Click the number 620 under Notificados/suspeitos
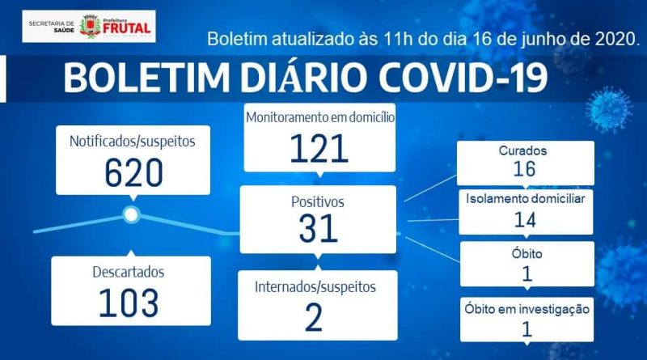click(133, 173)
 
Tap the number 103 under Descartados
click(129, 303)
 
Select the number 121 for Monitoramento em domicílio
click(319, 148)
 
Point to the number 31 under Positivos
click(318, 228)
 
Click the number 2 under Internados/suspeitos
click(314, 317)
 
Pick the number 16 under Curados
click(524, 169)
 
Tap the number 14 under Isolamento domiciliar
click(525, 219)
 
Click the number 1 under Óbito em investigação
click(526, 329)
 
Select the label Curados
click(522, 150)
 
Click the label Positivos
click(317, 202)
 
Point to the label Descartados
click(129, 272)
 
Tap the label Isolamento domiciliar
click(525, 198)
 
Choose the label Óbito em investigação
click(527, 309)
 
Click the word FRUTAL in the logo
click(126, 28)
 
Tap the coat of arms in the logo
click(91, 27)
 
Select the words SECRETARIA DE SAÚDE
click(52, 27)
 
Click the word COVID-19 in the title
click(463, 77)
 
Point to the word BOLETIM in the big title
click(146, 77)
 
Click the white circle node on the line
click(131, 214)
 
